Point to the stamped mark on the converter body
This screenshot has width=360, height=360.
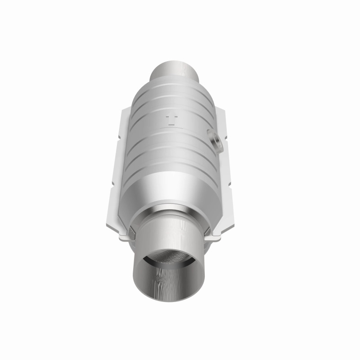(171, 120)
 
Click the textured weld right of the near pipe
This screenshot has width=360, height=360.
(207, 230)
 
